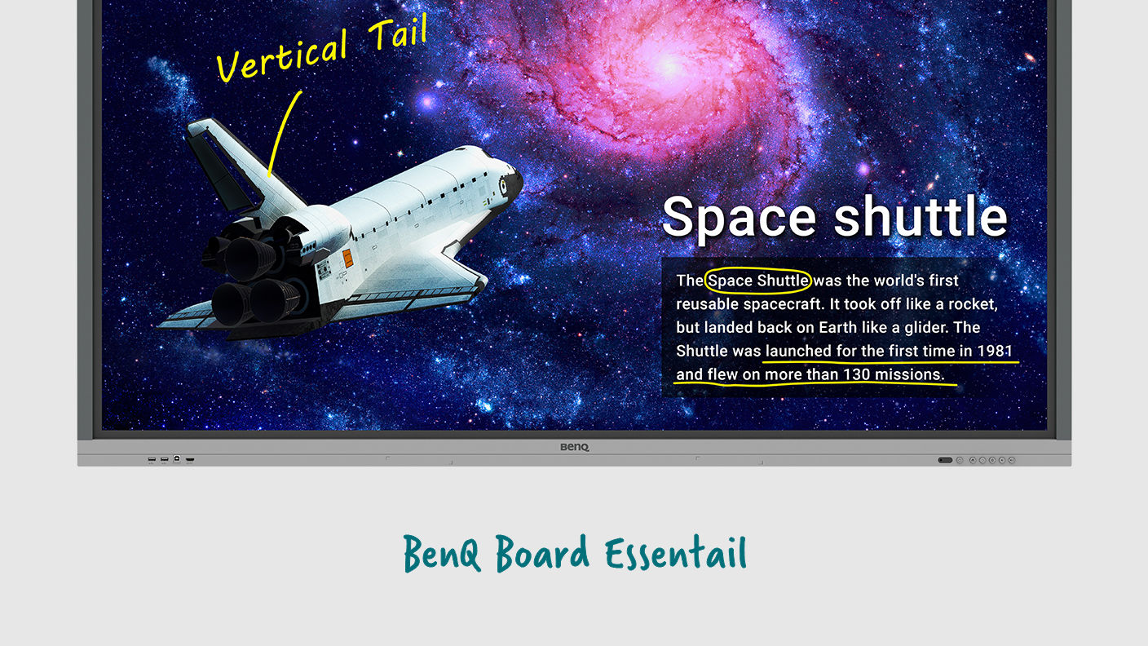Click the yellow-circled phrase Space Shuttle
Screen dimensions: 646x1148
(758, 281)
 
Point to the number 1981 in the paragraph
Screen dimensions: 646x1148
(994, 351)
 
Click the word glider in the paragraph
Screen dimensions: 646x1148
(913, 327)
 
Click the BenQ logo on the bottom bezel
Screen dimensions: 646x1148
(574, 447)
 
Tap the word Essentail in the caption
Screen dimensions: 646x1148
(676, 554)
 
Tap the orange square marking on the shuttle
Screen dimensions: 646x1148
(347, 259)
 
